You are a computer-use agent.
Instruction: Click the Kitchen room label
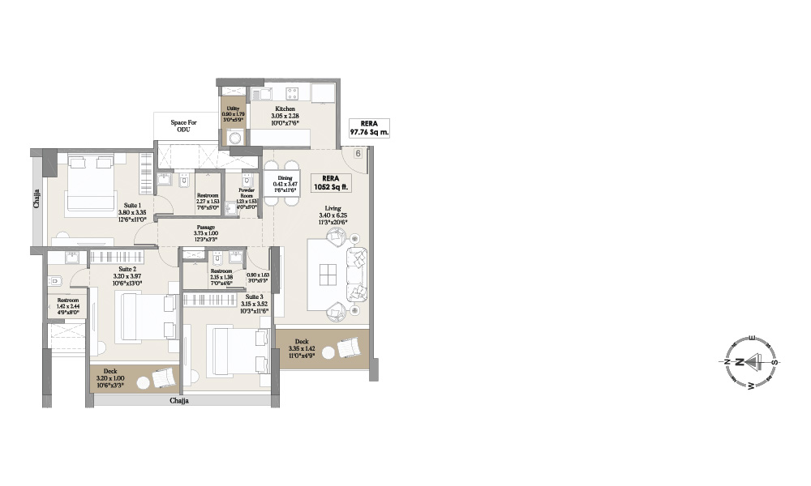coord(285,109)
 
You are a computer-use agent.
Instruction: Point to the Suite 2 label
coord(127,268)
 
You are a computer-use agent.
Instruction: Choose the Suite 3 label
coord(252,298)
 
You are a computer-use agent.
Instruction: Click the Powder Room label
coord(247,193)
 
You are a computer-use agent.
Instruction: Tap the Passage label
coord(205,228)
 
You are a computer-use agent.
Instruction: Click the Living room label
coord(333,208)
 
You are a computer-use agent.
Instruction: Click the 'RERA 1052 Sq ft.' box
coord(330,181)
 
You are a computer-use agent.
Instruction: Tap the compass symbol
coord(748,361)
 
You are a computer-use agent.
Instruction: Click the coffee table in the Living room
coord(328,274)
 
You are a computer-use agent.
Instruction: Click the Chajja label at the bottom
coord(179,401)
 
